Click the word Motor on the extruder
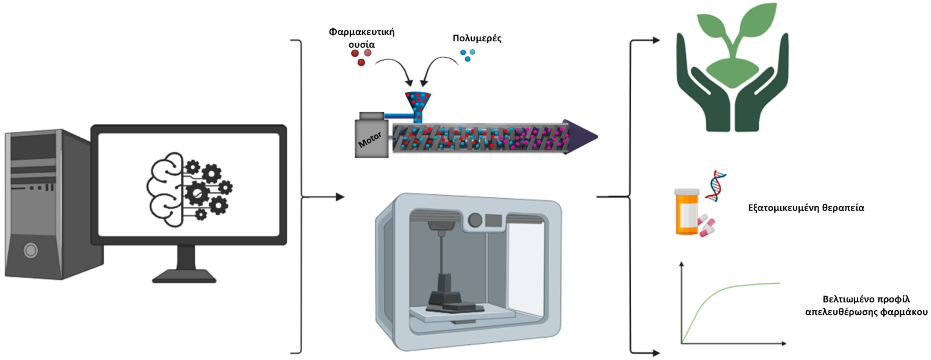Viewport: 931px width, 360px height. point(370,139)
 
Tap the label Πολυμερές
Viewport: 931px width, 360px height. point(477,38)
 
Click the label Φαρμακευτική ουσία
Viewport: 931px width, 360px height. point(362,38)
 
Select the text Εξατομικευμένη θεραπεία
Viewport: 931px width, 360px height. point(806,208)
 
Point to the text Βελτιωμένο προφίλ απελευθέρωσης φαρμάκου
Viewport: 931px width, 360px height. point(866,306)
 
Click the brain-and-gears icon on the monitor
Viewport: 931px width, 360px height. point(189,190)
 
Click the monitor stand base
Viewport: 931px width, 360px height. point(184,276)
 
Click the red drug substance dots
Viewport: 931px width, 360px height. point(361,57)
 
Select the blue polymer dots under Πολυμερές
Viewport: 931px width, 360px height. point(467,55)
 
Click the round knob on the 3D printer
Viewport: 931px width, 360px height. point(475,220)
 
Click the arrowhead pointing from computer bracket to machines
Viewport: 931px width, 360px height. point(340,197)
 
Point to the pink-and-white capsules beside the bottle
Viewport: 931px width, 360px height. point(707,226)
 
